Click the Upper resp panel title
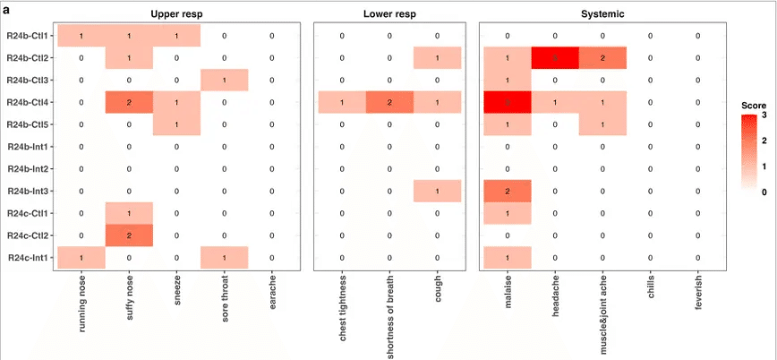pyautogui.click(x=177, y=15)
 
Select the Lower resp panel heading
pyautogui.click(x=388, y=15)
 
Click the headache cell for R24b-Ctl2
pyautogui.click(x=554, y=58)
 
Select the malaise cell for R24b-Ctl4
pyautogui.click(x=507, y=103)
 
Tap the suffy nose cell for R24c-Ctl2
pyautogui.click(x=129, y=236)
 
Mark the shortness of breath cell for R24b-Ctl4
pyautogui.click(x=388, y=103)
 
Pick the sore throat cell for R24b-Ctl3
pyautogui.click(x=224, y=81)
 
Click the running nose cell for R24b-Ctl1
pyautogui.click(x=81, y=36)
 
